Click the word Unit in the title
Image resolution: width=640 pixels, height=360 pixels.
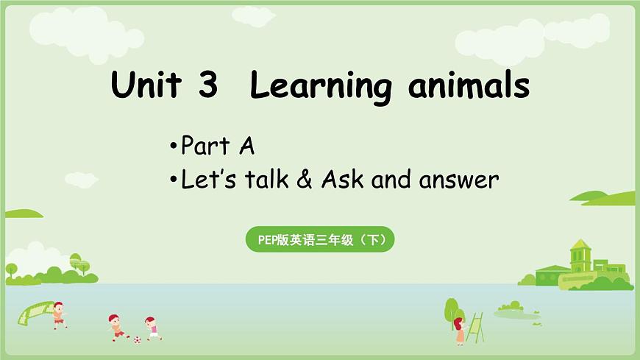145,86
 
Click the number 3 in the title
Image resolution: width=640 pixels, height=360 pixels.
208,87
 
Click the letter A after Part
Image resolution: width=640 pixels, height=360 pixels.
246,147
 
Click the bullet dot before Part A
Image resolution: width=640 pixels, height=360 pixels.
172,147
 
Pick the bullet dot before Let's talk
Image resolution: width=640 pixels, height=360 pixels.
172,180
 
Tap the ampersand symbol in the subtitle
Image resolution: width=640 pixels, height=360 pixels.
304,180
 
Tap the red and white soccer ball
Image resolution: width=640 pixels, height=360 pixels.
136,339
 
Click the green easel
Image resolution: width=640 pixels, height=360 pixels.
475,327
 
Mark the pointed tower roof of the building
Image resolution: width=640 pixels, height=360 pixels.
580,245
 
